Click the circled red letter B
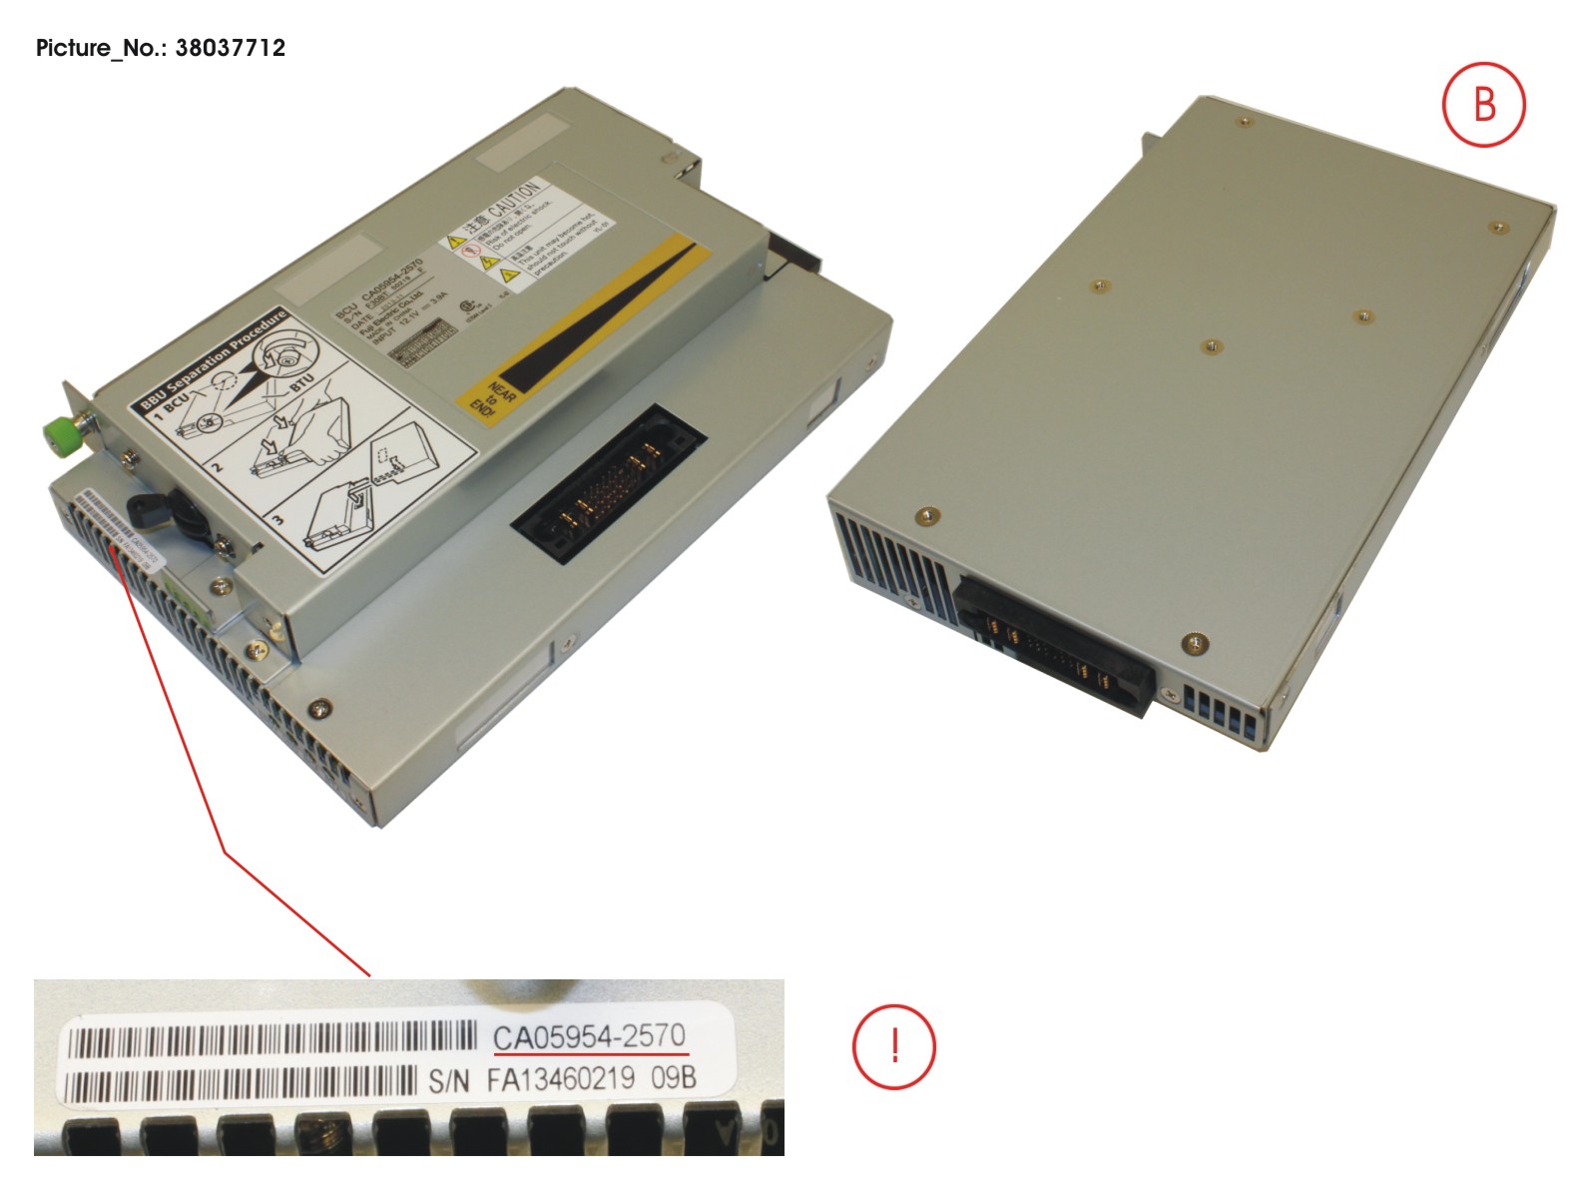(1483, 105)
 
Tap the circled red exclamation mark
(893, 1045)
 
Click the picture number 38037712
(230, 48)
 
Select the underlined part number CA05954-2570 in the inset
(589, 1037)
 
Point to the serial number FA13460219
(560, 1079)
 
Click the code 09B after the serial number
(674, 1078)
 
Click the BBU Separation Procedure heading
(213, 359)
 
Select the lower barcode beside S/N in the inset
(240, 1083)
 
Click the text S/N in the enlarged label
(448, 1081)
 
